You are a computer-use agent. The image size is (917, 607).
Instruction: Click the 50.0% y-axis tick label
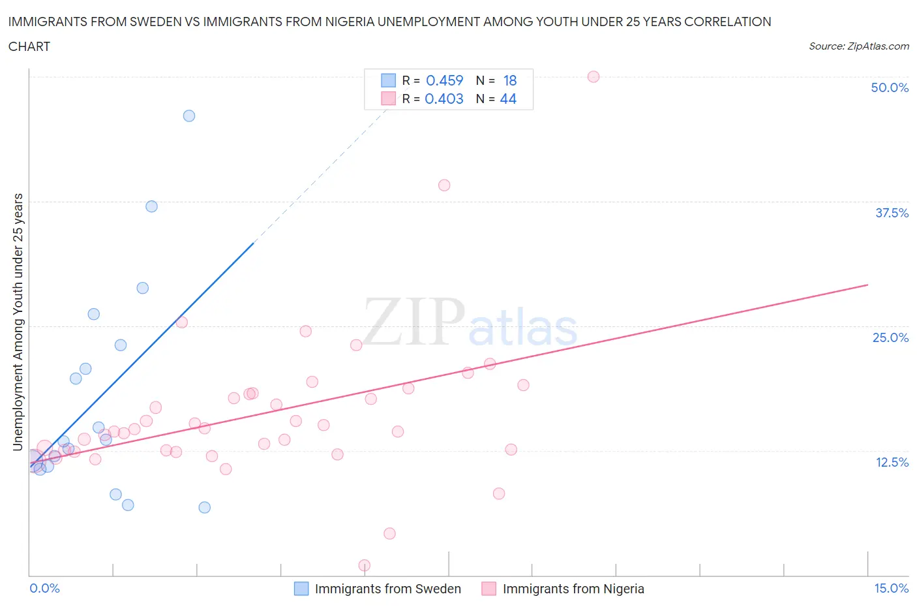[x=890, y=87]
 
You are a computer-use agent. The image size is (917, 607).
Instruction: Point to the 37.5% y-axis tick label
[x=892, y=213]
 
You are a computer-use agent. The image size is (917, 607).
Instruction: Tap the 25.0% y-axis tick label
[x=890, y=337]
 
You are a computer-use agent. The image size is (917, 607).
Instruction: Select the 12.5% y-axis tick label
[x=892, y=462]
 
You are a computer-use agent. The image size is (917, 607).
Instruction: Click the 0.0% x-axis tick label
[x=44, y=588]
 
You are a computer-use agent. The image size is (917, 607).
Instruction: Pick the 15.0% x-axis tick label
[x=891, y=588]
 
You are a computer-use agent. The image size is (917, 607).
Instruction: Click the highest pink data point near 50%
[x=594, y=76]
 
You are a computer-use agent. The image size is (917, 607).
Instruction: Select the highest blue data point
[x=189, y=116]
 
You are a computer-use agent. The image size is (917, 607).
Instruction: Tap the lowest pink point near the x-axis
[x=365, y=565]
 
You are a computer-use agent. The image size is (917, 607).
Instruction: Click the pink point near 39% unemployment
[x=444, y=185]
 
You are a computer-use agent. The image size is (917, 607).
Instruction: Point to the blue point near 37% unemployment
[x=152, y=206]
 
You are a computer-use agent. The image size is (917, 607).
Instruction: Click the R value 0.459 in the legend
[x=444, y=80]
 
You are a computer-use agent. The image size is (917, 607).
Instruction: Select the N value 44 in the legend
[x=508, y=99]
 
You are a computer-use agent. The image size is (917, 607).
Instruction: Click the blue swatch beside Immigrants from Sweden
[x=301, y=589]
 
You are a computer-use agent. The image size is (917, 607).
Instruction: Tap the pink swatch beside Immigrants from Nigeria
[x=489, y=589]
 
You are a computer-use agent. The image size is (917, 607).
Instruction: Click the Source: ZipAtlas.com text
[x=858, y=46]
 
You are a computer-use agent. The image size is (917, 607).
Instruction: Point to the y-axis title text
[x=18, y=322]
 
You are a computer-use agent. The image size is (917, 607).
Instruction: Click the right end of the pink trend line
[x=867, y=285]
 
